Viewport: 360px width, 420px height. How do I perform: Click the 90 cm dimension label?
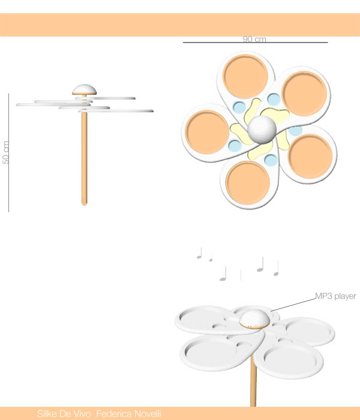point(254,39)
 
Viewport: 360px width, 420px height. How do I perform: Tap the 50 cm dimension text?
point(5,152)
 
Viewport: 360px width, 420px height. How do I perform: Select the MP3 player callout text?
point(335,296)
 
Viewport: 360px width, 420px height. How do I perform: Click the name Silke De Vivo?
point(64,413)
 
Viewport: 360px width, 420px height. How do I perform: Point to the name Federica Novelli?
point(129,413)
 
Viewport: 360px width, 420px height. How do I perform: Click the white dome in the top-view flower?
point(262,129)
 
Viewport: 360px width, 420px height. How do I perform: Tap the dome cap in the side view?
point(84,89)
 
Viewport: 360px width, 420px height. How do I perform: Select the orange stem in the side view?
point(84,158)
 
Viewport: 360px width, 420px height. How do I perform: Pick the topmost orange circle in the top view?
point(245,76)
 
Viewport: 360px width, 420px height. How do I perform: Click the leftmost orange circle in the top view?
point(207,132)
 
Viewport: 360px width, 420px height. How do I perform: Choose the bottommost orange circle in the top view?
point(248,182)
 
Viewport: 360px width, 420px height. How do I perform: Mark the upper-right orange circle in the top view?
point(304,94)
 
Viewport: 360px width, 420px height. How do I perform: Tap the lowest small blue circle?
point(271,160)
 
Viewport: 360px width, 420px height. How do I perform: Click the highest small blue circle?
point(274,100)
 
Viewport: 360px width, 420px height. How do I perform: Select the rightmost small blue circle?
point(295,131)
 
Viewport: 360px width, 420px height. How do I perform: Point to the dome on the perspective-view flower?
point(254,319)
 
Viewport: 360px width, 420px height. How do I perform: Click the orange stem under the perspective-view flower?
point(253,381)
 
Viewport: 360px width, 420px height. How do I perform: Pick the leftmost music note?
point(199,253)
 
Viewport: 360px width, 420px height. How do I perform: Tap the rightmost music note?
point(276,268)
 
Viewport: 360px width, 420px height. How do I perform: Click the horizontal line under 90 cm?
point(255,43)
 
